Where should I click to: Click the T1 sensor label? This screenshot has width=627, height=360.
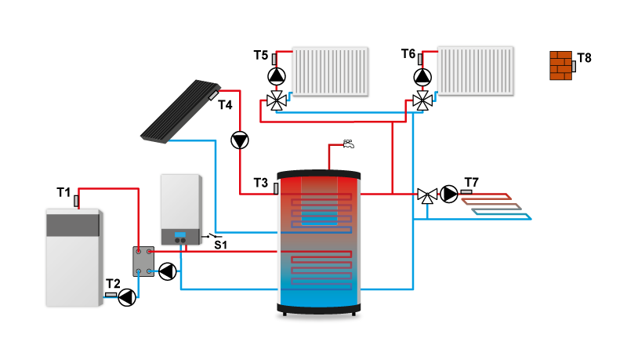click(63, 192)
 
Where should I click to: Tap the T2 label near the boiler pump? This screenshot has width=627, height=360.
click(113, 284)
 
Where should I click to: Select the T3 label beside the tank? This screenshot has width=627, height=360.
click(261, 183)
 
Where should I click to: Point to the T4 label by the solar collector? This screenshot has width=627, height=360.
click(226, 104)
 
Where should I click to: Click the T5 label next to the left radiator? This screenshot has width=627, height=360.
click(261, 55)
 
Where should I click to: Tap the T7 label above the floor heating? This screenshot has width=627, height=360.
click(472, 182)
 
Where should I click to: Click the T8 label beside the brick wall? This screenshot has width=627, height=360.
click(585, 58)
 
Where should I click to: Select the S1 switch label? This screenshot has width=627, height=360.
click(221, 245)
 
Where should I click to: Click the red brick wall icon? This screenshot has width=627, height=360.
click(561, 65)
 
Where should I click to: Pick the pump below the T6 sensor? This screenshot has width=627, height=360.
click(422, 76)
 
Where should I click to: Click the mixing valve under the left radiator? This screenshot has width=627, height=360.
click(276, 100)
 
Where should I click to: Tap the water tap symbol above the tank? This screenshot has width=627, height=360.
click(350, 144)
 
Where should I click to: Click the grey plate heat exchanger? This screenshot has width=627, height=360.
click(143, 261)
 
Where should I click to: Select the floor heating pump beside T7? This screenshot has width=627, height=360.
click(449, 194)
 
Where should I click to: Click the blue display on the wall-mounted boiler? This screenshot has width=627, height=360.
click(180, 234)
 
